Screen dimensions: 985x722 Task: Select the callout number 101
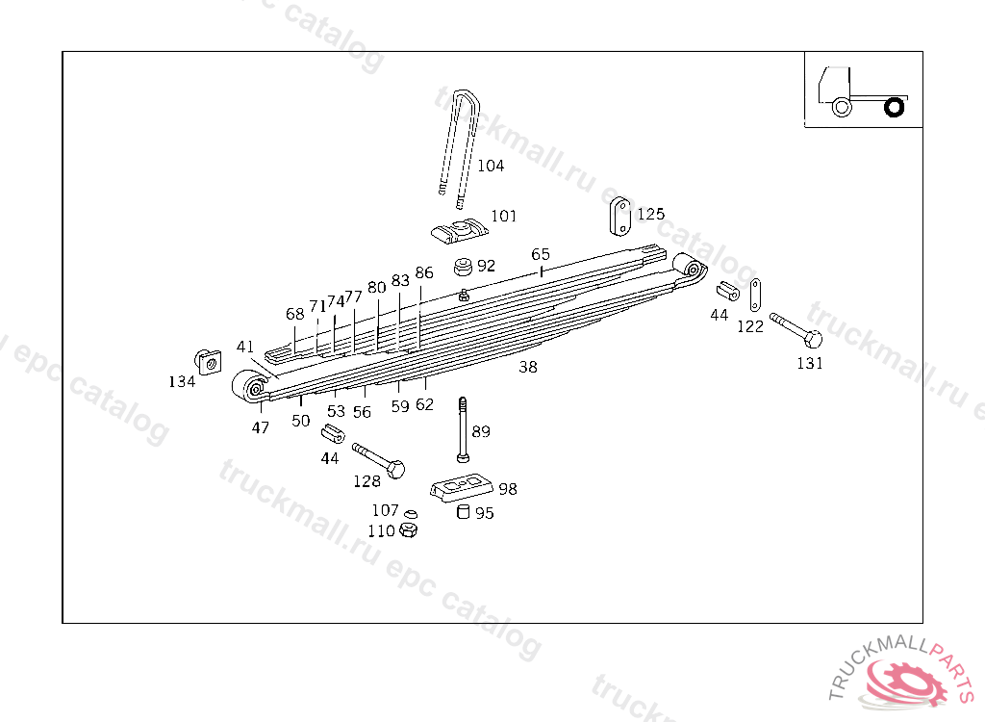pos(503,217)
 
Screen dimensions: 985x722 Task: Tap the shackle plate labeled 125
pos(620,217)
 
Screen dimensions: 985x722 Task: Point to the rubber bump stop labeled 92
pos(464,266)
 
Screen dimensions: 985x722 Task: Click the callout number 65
pos(541,254)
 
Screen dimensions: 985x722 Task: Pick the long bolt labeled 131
pos(796,330)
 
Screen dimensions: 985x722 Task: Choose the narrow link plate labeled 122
pos(755,295)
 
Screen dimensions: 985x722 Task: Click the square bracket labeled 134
pos(208,362)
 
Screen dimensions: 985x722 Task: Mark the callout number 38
pos(528,368)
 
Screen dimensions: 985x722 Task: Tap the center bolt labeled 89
pos(463,429)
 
